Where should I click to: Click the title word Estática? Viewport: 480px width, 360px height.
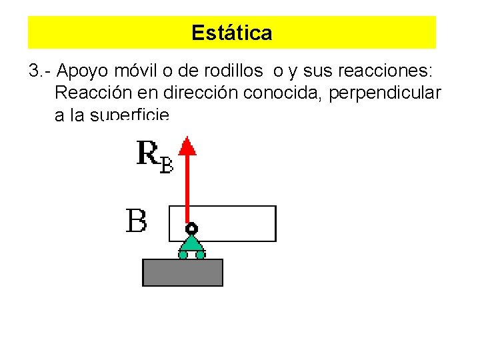point(231,33)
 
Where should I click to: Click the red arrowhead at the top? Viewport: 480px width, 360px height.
point(188,145)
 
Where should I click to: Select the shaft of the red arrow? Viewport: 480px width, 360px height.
point(188,187)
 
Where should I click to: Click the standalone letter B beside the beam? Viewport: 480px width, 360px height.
point(137,221)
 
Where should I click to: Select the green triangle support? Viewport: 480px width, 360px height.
point(191,243)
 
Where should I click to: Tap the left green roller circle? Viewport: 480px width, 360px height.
point(183,254)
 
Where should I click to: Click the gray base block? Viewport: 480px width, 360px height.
point(183,272)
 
